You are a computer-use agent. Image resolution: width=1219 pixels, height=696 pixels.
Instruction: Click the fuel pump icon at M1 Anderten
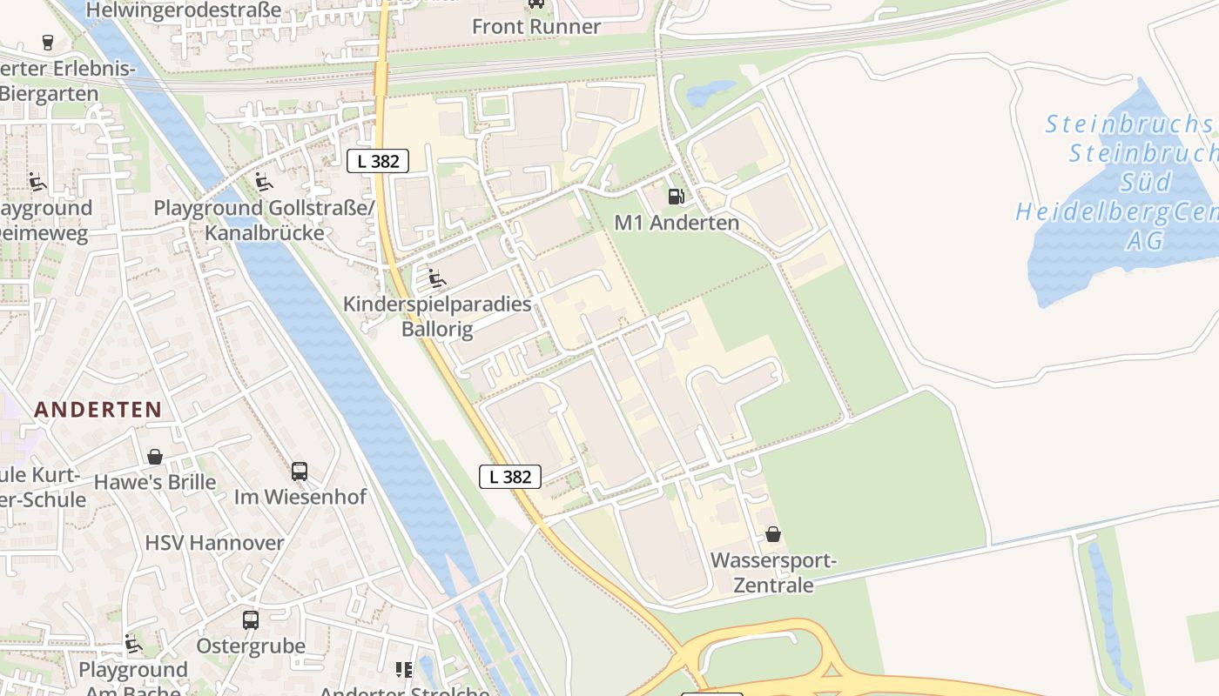[x=676, y=196]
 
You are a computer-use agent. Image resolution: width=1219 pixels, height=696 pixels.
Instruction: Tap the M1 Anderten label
[x=677, y=223]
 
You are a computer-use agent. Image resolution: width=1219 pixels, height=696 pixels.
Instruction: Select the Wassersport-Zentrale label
[x=773, y=572]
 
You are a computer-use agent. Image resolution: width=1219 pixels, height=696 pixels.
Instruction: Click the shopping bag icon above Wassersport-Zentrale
[x=773, y=534]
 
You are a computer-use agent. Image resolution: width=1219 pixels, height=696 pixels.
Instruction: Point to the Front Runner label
[x=536, y=27]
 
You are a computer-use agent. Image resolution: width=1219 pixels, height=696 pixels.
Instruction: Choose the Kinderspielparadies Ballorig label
[x=437, y=317]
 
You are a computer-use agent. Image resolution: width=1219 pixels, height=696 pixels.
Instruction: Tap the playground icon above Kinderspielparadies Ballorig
[x=437, y=278]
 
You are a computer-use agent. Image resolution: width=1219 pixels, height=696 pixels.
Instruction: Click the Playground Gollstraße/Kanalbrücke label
[x=264, y=220]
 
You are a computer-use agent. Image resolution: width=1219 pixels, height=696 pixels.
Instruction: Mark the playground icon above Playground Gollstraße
[x=263, y=182]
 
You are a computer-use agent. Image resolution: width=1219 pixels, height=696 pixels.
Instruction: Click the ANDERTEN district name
[x=98, y=410]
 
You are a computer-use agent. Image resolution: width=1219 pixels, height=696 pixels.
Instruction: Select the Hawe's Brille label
[x=155, y=482]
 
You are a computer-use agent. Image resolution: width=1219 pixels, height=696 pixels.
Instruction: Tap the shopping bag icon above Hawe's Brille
[x=155, y=457]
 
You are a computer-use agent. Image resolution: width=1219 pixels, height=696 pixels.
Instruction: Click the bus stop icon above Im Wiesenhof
[x=300, y=472]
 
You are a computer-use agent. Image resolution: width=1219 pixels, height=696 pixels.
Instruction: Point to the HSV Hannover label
[x=214, y=543]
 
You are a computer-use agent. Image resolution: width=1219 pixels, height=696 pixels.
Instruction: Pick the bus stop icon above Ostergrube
[x=251, y=620]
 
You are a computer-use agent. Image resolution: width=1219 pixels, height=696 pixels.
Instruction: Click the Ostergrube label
[x=251, y=646]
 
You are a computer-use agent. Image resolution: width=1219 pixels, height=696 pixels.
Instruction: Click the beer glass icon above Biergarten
[x=47, y=42]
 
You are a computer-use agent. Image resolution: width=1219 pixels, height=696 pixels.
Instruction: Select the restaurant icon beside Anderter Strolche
[x=404, y=670]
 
